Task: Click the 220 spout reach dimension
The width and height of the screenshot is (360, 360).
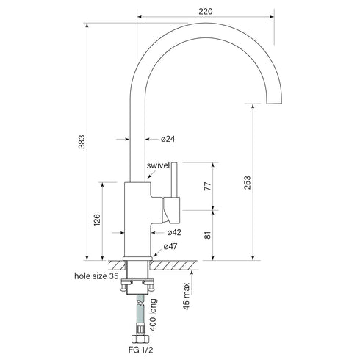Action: point(206,10)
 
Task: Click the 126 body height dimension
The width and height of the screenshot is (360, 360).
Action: point(96,220)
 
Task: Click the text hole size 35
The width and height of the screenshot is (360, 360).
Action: point(98,277)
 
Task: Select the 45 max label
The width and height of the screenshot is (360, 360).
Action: point(188,296)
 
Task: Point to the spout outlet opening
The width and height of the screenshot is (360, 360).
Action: point(273,102)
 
